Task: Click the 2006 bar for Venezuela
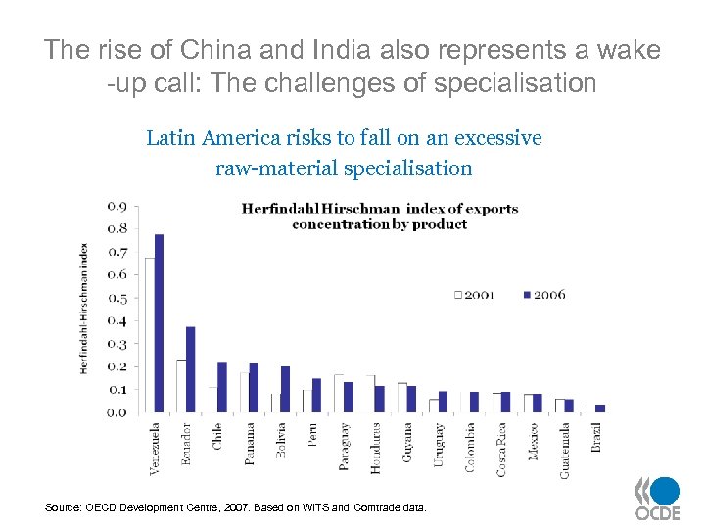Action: click(x=160, y=323)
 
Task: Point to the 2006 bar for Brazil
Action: click(x=600, y=409)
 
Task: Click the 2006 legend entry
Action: click(x=544, y=294)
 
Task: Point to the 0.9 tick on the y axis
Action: click(x=116, y=206)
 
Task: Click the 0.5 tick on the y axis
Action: click(x=116, y=298)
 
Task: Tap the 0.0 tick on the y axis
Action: click(x=116, y=412)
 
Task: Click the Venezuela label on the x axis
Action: click(x=156, y=450)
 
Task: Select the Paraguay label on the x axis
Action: click(x=345, y=447)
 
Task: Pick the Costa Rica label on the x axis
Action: click(x=501, y=450)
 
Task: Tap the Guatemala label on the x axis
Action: click(x=565, y=451)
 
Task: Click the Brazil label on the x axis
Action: click(x=596, y=437)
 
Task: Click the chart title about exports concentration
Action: click(x=380, y=216)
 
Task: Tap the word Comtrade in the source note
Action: click(x=375, y=507)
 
